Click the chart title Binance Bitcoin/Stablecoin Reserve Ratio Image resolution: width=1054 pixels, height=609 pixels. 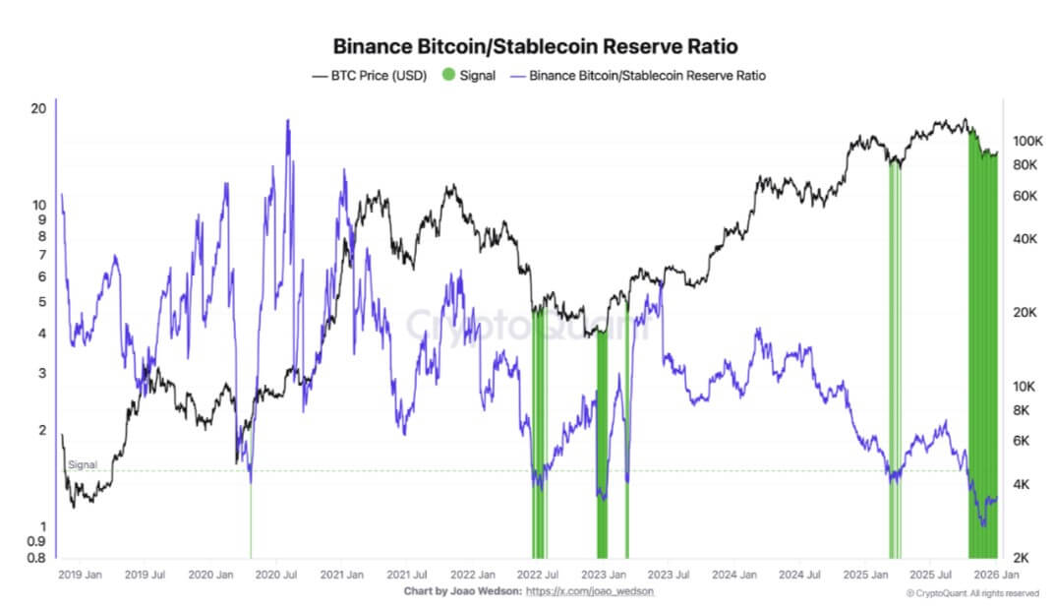click(x=535, y=46)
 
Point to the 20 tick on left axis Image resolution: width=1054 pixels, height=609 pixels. click(x=39, y=108)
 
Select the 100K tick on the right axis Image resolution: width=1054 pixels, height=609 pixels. click(x=1026, y=141)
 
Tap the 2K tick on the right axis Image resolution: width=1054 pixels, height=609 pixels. click(x=1023, y=558)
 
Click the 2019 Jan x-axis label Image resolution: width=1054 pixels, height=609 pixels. click(x=80, y=574)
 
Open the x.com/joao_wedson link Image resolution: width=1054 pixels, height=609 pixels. click(x=590, y=591)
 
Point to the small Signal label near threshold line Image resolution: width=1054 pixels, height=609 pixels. click(x=82, y=464)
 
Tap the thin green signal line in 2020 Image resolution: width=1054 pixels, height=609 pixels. click(x=251, y=521)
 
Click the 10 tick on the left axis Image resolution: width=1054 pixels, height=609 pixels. click(x=39, y=205)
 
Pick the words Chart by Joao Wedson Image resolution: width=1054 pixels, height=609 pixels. click(x=461, y=591)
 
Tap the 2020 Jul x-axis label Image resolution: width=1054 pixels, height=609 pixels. click(x=274, y=574)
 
